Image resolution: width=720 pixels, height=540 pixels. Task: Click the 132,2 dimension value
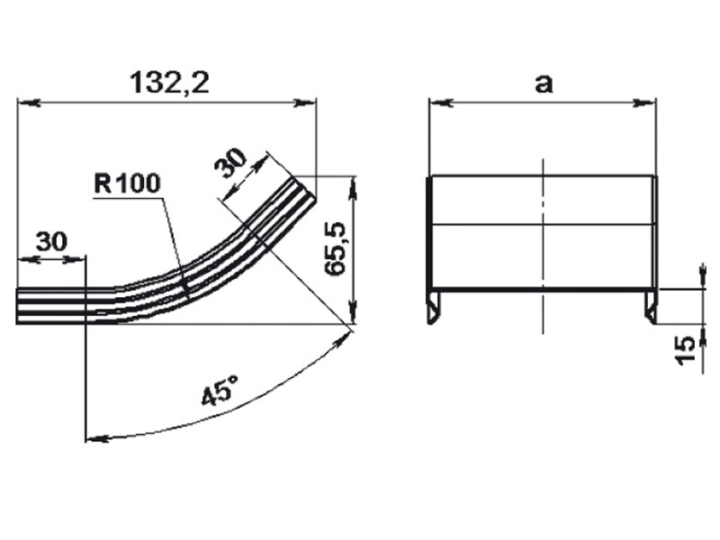[169, 83]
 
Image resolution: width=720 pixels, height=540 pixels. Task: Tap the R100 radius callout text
[127, 184]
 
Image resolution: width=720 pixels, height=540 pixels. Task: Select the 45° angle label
[220, 391]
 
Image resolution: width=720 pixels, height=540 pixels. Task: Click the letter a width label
[544, 84]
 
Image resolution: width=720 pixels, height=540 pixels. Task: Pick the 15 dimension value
[686, 350]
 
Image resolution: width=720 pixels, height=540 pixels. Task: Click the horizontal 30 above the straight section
[51, 241]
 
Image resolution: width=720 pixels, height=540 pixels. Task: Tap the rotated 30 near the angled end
[231, 163]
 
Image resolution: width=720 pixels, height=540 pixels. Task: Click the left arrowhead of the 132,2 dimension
[29, 103]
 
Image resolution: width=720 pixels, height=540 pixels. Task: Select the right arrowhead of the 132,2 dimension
[305, 103]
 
